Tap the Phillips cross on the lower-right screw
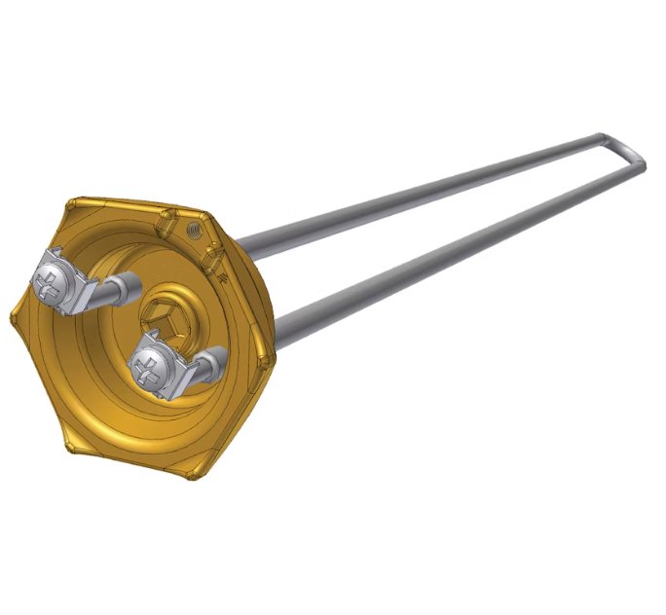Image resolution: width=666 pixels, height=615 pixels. coord(150,367)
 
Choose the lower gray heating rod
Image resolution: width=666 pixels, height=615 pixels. coord(438,254)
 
